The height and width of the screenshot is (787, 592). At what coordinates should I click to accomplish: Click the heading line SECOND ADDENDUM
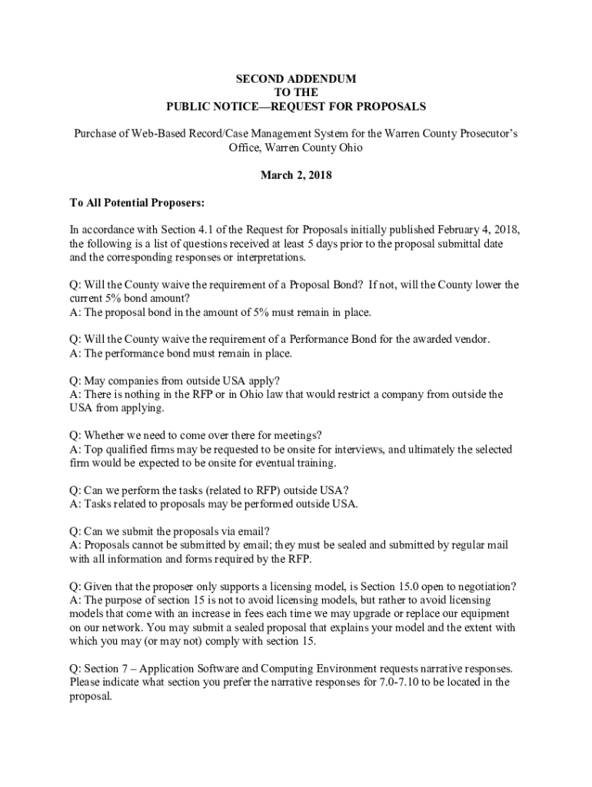pyautogui.click(x=296, y=79)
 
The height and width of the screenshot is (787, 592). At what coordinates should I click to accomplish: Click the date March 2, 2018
pyautogui.click(x=296, y=175)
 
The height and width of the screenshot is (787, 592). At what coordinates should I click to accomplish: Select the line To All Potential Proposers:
pyautogui.click(x=137, y=203)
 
